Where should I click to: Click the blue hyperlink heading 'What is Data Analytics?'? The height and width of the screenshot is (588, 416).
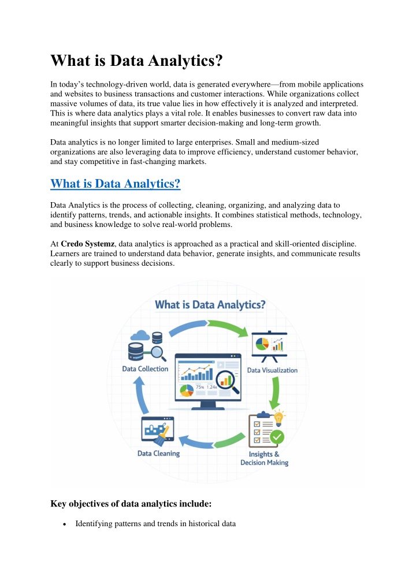(x=116, y=184)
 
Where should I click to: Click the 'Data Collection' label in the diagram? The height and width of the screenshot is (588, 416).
(x=145, y=369)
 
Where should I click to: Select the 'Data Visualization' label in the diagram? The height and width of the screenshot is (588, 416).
(x=272, y=370)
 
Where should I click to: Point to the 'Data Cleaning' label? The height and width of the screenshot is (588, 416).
(x=158, y=453)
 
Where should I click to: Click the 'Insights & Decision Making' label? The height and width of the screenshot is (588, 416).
(x=265, y=458)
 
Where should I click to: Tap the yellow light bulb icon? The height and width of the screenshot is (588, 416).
(x=280, y=417)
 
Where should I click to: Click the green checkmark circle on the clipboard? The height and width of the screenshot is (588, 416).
(x=277, y=437)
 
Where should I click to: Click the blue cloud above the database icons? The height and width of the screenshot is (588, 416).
(x=141, y=336)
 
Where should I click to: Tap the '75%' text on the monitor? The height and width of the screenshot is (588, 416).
(x=201, y=387)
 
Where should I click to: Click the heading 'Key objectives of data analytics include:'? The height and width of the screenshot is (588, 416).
(x=131, y=504)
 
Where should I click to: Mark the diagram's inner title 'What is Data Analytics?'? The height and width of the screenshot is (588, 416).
(x=209, y=304)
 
